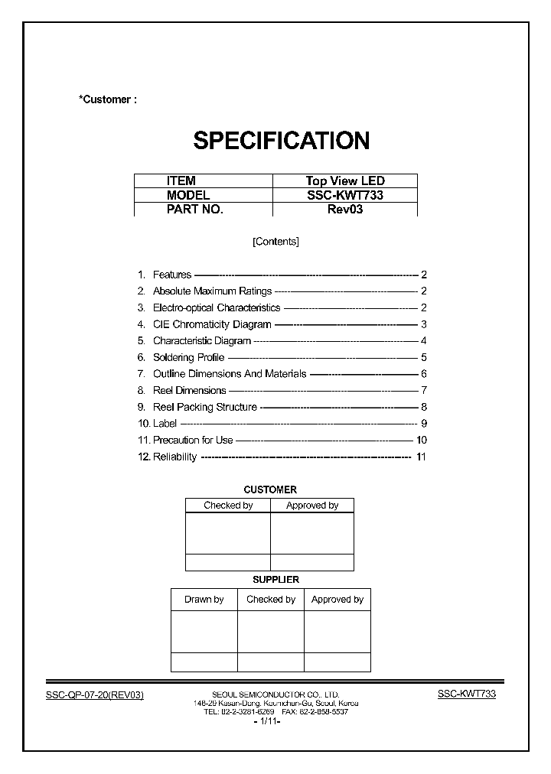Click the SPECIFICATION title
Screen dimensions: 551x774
(281, 141)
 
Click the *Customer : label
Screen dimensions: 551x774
(107, 99)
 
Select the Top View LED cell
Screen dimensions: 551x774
(345, 181)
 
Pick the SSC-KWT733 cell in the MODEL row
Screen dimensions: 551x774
(345, 195)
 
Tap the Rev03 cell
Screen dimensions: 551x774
(345, 209)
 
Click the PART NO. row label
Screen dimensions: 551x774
(194, 209)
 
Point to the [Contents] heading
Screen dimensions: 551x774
(275, 242)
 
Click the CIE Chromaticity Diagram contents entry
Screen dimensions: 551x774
(212, 324)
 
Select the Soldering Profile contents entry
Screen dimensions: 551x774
(188, 357)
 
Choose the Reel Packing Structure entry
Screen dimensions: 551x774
(204, 407)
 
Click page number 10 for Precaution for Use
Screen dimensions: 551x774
(421, 440)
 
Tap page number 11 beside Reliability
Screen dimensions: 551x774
(420, 457)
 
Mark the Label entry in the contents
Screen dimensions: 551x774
(165, 424)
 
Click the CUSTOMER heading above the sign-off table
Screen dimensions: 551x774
(270, 489)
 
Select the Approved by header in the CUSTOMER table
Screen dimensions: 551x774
(312, 506)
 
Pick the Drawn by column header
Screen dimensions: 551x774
(204, 600)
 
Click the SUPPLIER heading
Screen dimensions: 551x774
(275, 580)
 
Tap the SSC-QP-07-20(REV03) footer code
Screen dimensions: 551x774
(95, 694)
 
